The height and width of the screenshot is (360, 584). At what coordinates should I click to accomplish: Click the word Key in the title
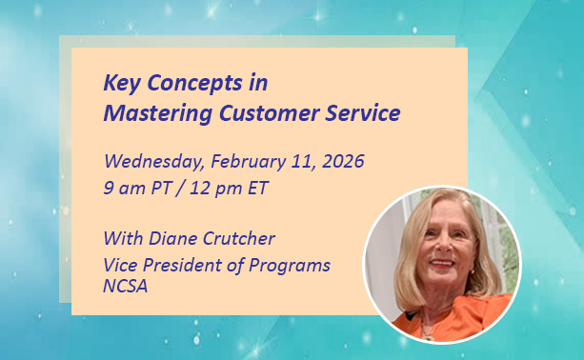pos(121,82)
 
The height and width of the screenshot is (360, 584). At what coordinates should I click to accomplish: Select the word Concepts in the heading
pos(195,83)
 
